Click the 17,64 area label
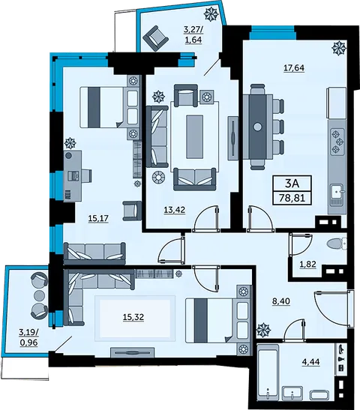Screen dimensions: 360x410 (294, 68)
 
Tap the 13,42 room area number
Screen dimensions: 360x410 (175, 210)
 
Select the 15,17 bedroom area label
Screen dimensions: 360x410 (98, 218)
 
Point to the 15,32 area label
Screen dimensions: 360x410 (133, 317)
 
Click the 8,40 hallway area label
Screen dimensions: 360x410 (281, 301)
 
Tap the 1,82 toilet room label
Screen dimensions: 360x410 (307, 265)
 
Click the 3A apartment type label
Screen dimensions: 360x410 (292, 184)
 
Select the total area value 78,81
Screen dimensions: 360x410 (292, 197)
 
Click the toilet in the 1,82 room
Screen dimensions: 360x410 (337, 244)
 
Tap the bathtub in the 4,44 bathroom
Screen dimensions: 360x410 (268, 375)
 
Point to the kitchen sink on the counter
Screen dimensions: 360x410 (337, 192)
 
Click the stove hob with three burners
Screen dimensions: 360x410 (338, 142)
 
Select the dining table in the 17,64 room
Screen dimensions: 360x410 (258, 127)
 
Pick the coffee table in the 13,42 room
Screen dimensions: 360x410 (194, 137)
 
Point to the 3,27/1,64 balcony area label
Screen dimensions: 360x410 (193, 35)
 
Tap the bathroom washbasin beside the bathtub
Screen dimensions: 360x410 (292, 395)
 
